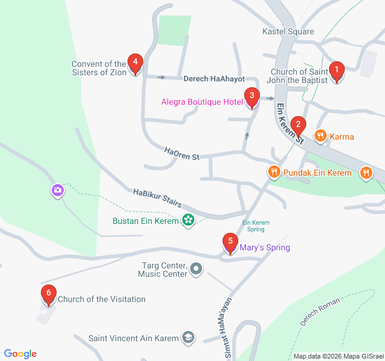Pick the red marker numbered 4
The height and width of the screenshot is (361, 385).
coord(135,63)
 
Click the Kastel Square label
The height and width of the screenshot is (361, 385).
coord(288,31)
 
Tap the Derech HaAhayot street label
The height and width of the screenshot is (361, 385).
coord(214,79)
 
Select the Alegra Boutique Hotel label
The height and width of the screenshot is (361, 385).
coord(202,102)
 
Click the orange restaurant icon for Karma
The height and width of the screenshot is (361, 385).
coord(319,137)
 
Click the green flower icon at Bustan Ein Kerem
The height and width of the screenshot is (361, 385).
coord(188,221)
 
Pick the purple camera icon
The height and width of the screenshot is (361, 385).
coord(57,191)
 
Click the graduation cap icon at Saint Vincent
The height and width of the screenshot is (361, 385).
coord(188,338)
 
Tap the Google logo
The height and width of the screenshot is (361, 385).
coord(20,354)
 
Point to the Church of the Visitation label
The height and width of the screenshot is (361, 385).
coord(102,299)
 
